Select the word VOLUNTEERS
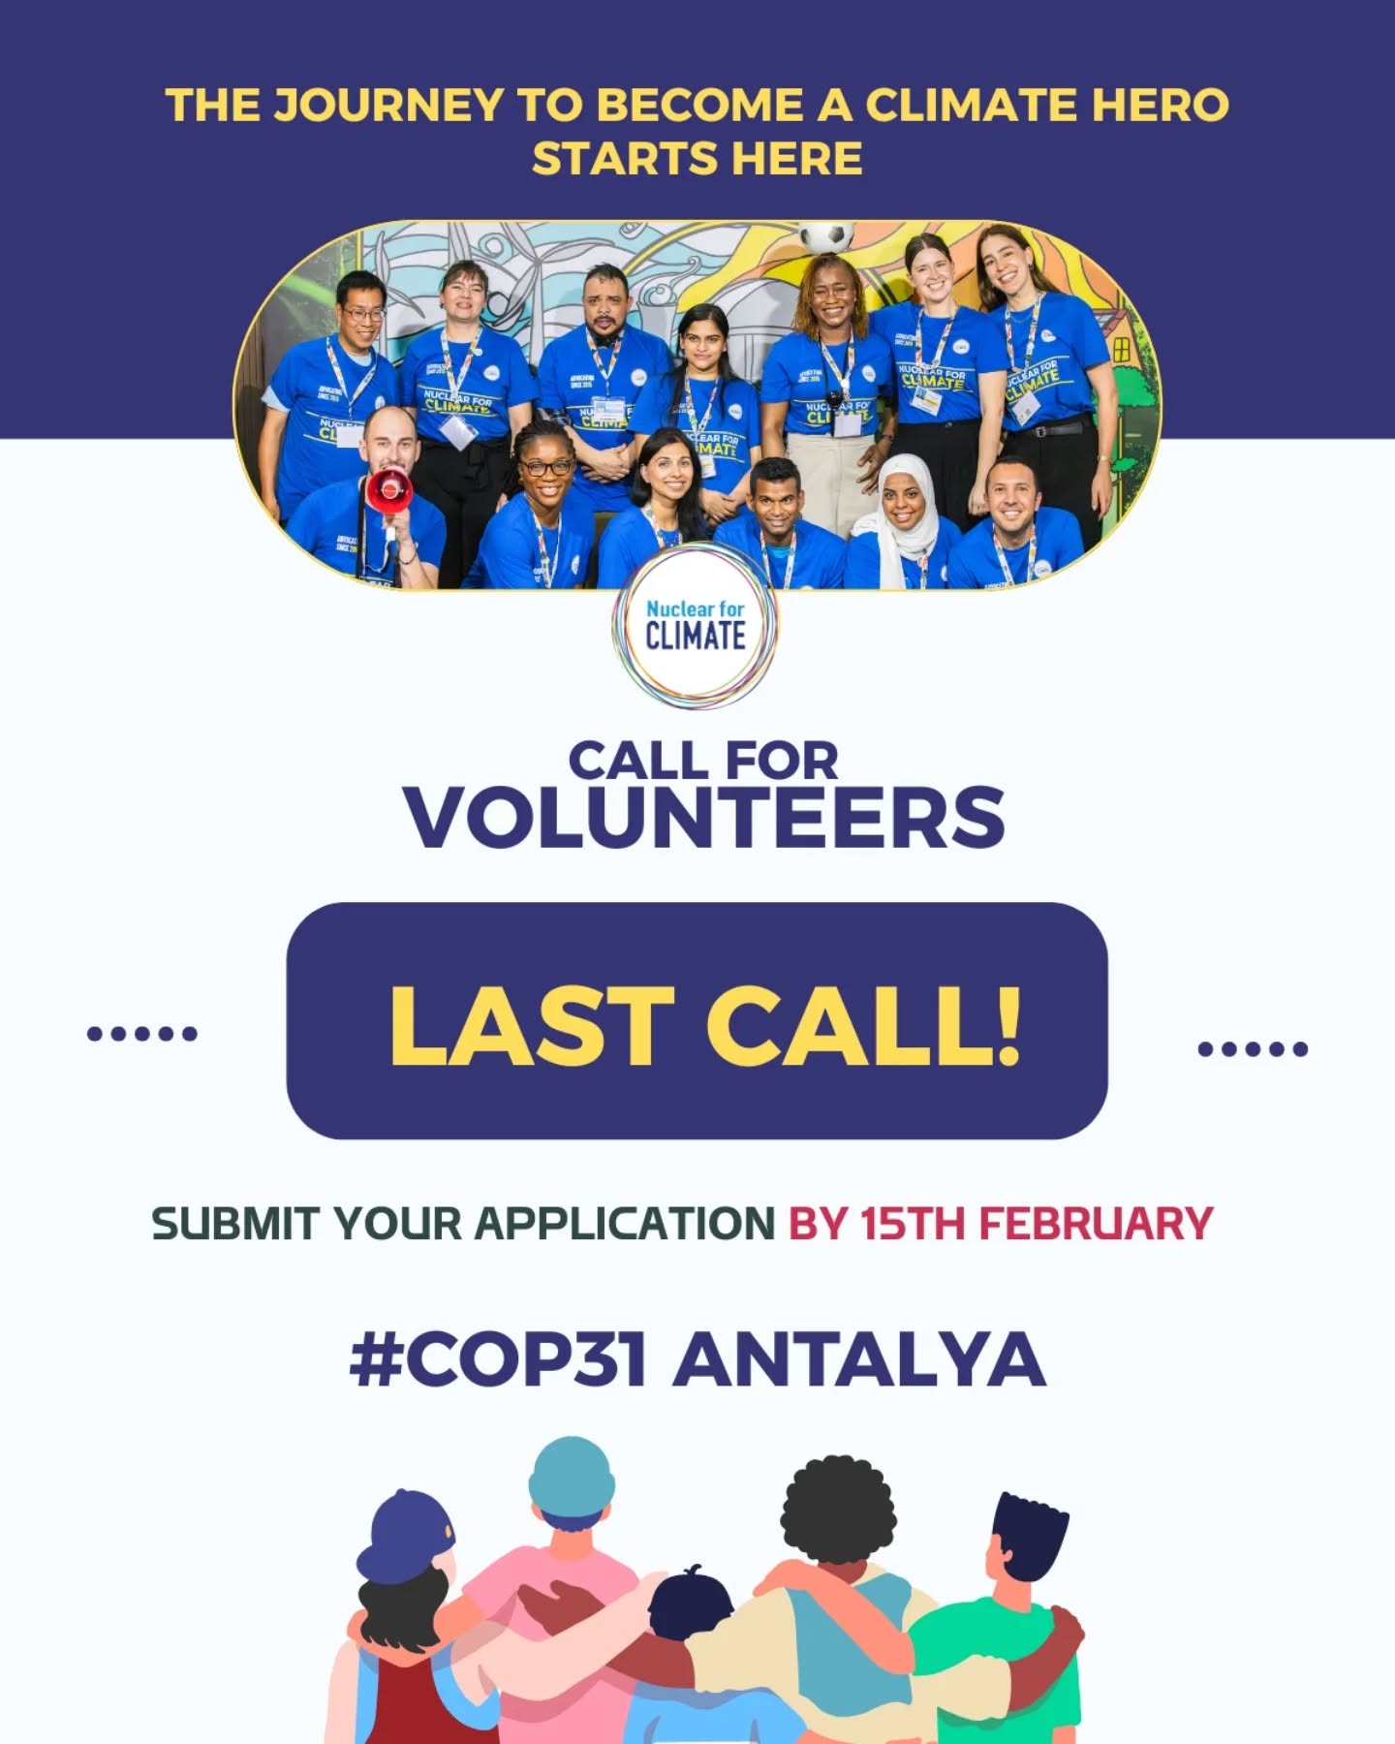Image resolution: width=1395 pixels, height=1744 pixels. click(x=705, y=817)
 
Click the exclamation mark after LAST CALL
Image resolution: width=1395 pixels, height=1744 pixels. click(x=1007, y=1025)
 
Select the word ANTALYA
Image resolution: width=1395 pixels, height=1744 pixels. click(x=859, y=1358)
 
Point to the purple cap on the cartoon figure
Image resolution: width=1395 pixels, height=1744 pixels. click(x=405, y=1534)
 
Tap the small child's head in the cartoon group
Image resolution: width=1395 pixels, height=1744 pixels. click(x=691, y=1604)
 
